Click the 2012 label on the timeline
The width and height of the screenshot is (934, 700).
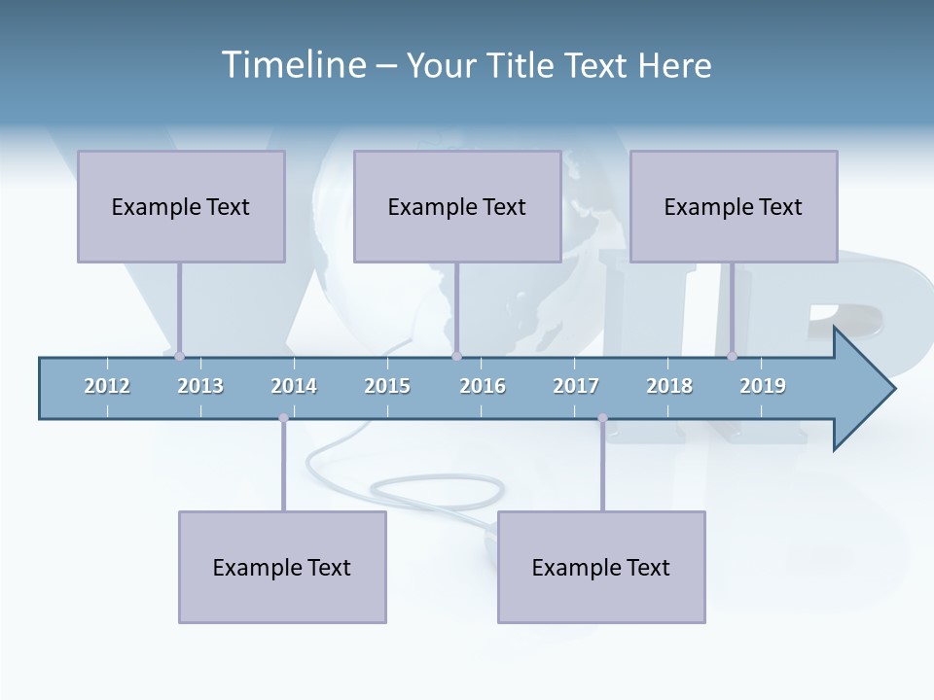[x=107, y=386]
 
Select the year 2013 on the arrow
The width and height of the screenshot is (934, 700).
[x=200, y=386]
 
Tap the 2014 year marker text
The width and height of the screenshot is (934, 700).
[x=294, y=386]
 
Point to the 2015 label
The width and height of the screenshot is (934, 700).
[x=387, y=386]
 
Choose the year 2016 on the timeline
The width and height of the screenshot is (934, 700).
[x=483, y=386]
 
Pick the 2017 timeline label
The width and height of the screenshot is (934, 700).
[x=576, y=386]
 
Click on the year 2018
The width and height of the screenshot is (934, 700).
[x=669, y=386]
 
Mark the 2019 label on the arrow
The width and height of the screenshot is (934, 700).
[x=763, y=386]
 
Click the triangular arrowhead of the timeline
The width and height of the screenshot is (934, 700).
[x=862, y=389]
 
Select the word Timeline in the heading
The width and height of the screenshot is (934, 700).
[x=292, y=65]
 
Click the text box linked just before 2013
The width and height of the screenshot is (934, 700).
[x=181, y=206]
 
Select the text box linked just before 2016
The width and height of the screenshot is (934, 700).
[x=457, y=206]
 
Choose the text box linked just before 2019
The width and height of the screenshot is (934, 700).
[x=734, y=206]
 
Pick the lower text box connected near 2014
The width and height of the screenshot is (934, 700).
[x=282, y=567]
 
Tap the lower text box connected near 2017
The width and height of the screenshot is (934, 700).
[x=601, y=567]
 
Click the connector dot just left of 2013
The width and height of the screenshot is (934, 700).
[x=179, y=356]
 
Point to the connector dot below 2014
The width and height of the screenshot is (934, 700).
[x=283, y=418]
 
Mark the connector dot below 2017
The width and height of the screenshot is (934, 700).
[x=602, y=418]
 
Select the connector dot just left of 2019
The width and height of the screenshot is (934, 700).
[x=733, y=356]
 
